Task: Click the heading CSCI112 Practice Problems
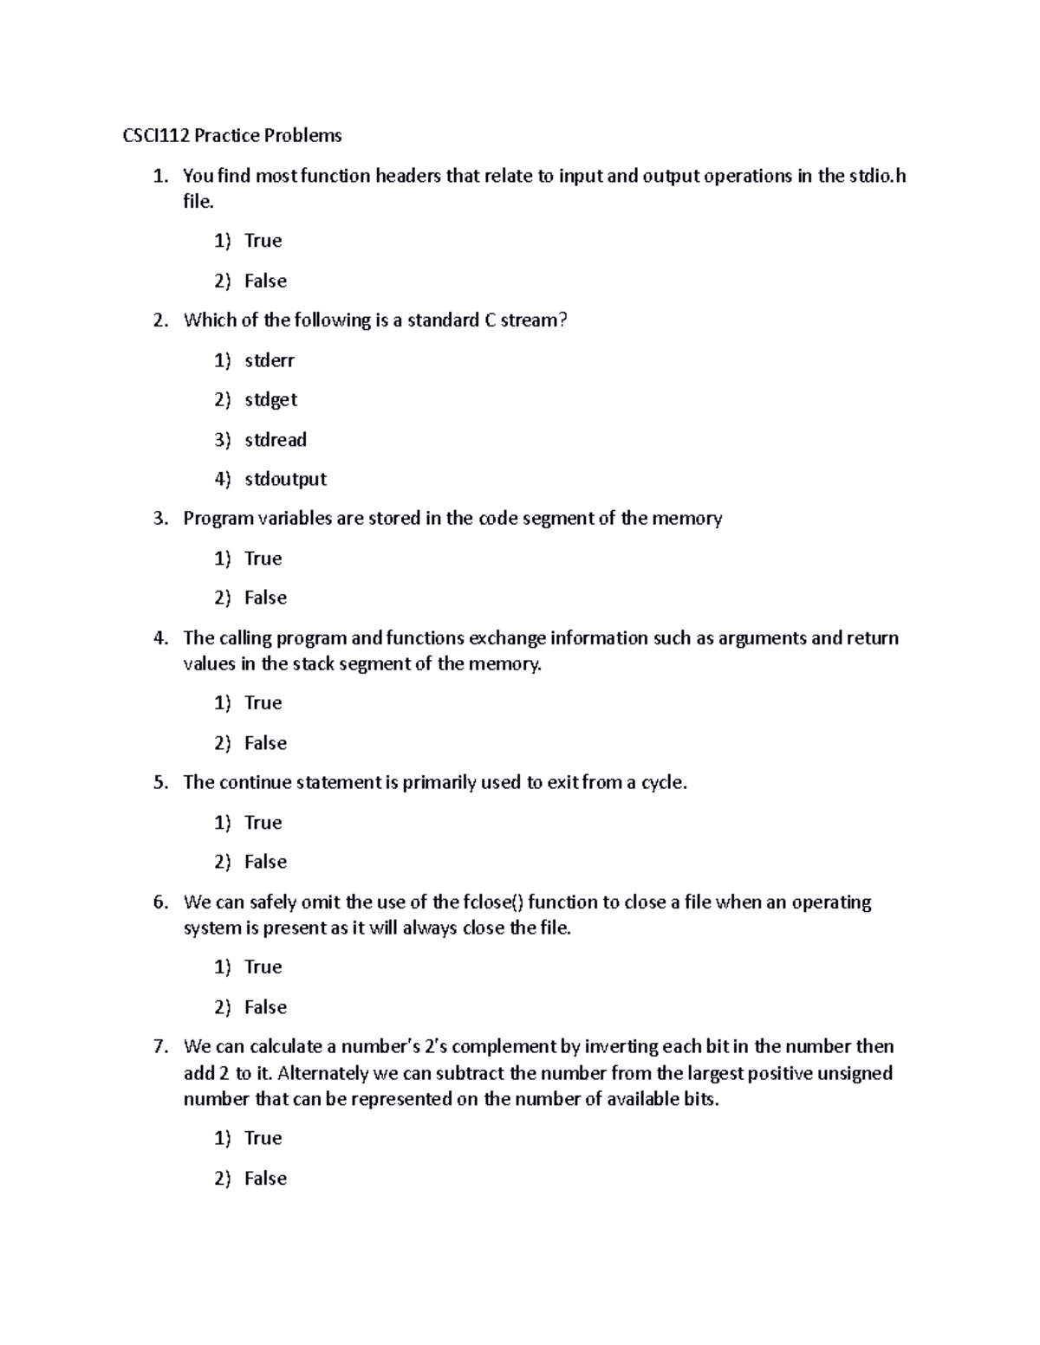click(231, 136)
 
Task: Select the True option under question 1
click(263, 241)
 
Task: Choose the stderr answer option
click(270, 360)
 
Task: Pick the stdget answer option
click(270, 400)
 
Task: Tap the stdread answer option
click(276, 440)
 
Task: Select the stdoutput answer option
click(285, 480)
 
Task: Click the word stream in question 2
click(534, 320)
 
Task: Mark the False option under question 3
click(265, 598)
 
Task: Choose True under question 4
click(263, 703)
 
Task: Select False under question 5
click(265, 863)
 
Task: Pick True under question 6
click(263, 967)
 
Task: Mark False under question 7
click(265, 1179)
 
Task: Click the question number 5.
click(160, 783)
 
